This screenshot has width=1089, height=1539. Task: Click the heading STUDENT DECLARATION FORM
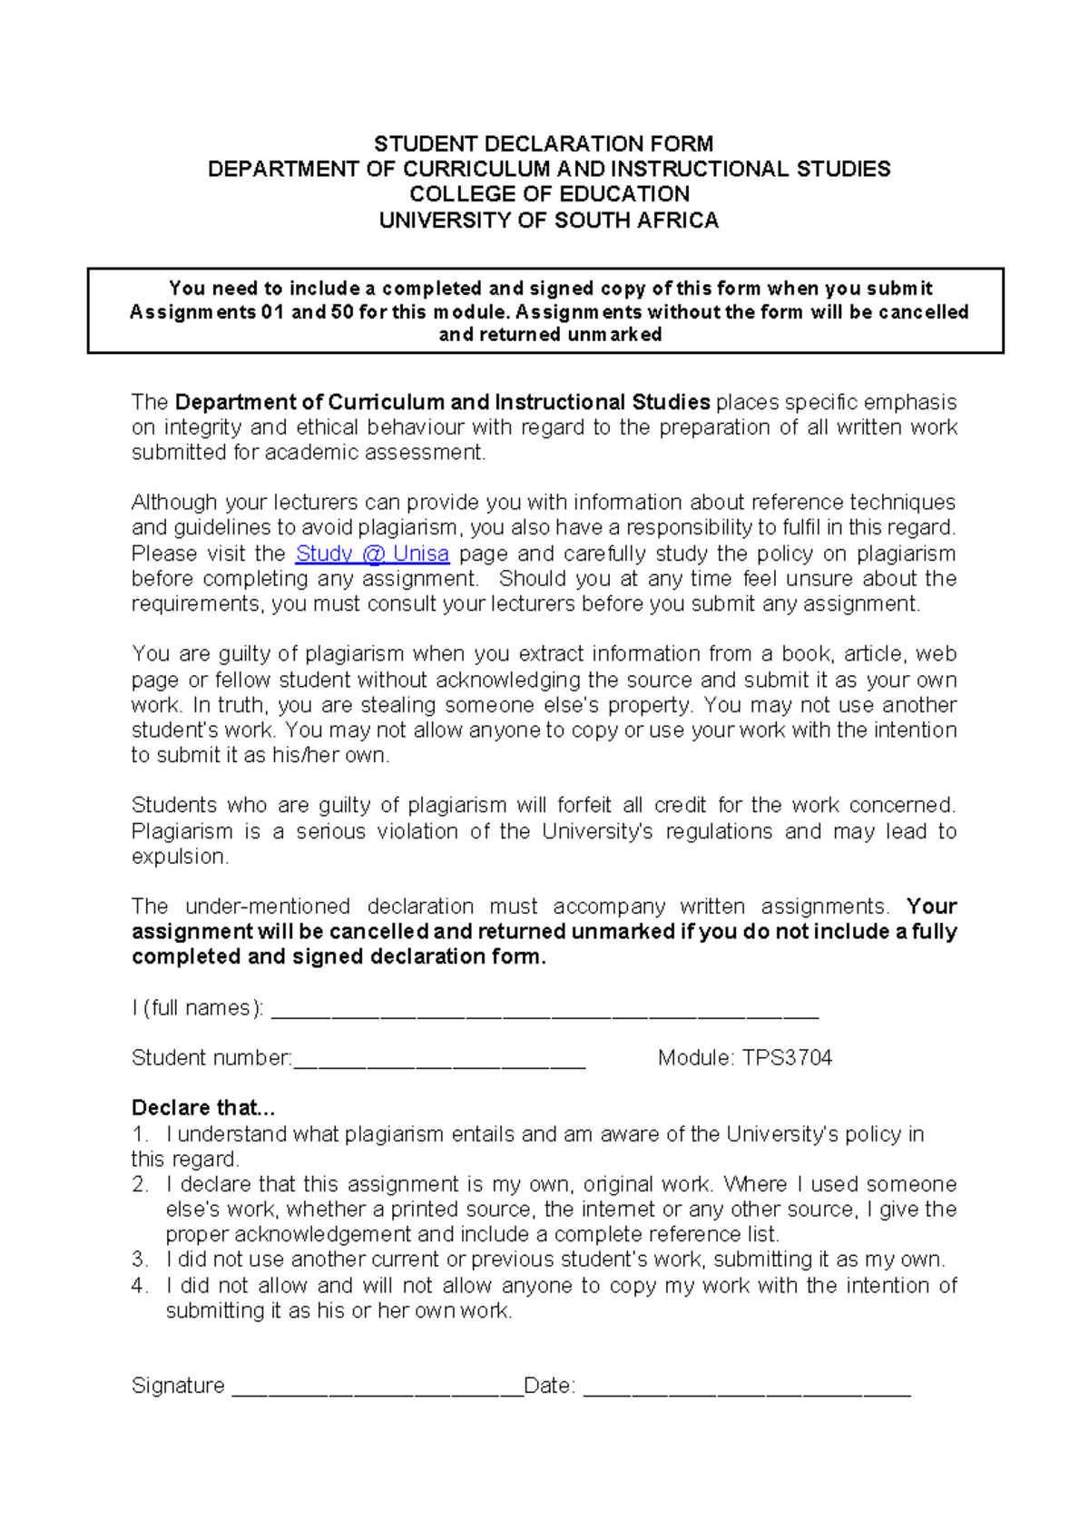pyautogui.click(x=544, y=143)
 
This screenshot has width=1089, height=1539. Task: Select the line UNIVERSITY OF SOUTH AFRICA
pyautogui.click(x=548, y=221)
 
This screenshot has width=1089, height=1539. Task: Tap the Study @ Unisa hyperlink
pyautogui.click(x=372, y=554)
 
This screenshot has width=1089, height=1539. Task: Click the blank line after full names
pyautogui.click(x=544, y=1013)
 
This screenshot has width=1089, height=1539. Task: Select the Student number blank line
pyautogui.click(x=439, y=1064)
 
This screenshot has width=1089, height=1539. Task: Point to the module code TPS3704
pyautogui.click(x=787, y=1058)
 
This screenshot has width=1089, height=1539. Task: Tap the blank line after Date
pyautogui.click(x=746, y=1390)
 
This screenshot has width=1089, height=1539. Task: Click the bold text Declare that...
pyautogui.click(x=202, y=1108)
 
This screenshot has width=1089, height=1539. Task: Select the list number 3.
pyautogui.click(x=139, y=1260)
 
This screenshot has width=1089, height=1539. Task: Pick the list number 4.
pyautogui.click(x=139, y=1285)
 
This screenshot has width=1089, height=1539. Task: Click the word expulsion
pyautogui.click(x=179, y=857)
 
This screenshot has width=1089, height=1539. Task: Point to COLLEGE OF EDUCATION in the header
pyautogui.click(x=549, y=194)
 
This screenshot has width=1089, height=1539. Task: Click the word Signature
pyautogui.click(x=178, y=1386)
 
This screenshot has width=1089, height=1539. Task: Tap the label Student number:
pyautogui.click(x=211, y=1058)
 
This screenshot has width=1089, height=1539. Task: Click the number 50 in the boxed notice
pyautogui.click(x=342, y=312)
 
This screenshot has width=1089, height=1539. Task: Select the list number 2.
pyautogui.click(x=139, y=1184)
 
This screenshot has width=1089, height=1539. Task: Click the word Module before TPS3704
pyautogui.click(x=694, y=1058)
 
